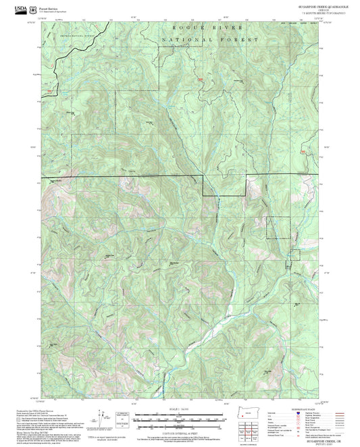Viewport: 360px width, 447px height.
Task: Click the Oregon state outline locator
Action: pos(245,416)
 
